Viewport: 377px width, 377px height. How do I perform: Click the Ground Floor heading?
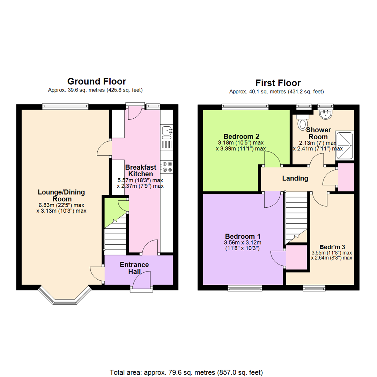(96, 82)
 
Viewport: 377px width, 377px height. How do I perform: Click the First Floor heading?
(278, 83)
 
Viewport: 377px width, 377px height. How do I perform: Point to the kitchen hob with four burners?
(167, 167)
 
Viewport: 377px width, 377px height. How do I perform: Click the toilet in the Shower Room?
(302, 123)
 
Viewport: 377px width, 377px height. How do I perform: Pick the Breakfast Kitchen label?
(140, 170)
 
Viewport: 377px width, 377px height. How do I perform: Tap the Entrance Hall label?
(134, 268)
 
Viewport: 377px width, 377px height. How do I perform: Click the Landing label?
(295, 178)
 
